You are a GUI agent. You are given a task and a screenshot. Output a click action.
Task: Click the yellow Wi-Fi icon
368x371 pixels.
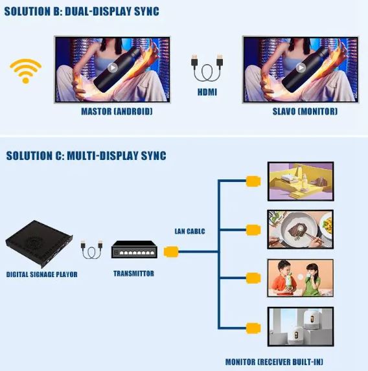coord(25,71)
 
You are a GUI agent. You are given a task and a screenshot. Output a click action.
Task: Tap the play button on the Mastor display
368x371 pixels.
coord(113,68)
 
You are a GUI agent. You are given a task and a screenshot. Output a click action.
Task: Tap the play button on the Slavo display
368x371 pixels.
coord(301,68)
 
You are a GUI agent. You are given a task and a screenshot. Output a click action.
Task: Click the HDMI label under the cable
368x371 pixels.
coord(207,92)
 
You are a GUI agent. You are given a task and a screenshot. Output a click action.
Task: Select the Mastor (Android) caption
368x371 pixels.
coord(117,111)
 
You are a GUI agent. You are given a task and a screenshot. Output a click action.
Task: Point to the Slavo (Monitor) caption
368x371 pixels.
coord(305,111)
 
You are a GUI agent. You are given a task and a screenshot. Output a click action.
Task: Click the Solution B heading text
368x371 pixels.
coord(82,12)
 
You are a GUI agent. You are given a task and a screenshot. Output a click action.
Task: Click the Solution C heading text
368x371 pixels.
coord(86,155)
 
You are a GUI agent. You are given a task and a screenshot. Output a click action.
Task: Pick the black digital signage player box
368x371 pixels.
coord(39,243)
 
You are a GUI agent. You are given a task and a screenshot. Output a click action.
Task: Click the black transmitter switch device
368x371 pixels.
coord(134,249)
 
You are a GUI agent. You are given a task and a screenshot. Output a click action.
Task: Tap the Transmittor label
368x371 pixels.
coord(134,273)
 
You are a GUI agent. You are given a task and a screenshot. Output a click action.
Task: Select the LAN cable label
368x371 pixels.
coord(190,231)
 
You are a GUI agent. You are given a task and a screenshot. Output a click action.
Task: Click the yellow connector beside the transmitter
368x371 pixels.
coord(171,252)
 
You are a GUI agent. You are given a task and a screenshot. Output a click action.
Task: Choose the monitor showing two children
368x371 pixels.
coord(301,278)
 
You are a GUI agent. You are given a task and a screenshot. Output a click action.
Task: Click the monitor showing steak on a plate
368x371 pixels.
coord(301,229)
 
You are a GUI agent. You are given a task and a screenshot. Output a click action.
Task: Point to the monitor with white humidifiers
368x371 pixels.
coord(301,327)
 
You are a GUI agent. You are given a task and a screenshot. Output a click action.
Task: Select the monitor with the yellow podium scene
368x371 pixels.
coord(301,181)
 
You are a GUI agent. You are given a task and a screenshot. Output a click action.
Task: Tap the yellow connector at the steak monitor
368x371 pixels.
coord(253,230)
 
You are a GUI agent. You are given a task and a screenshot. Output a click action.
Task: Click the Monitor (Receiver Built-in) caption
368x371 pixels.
coord(274,362)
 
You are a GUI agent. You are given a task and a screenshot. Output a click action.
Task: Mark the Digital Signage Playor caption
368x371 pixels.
coord(41,275)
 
